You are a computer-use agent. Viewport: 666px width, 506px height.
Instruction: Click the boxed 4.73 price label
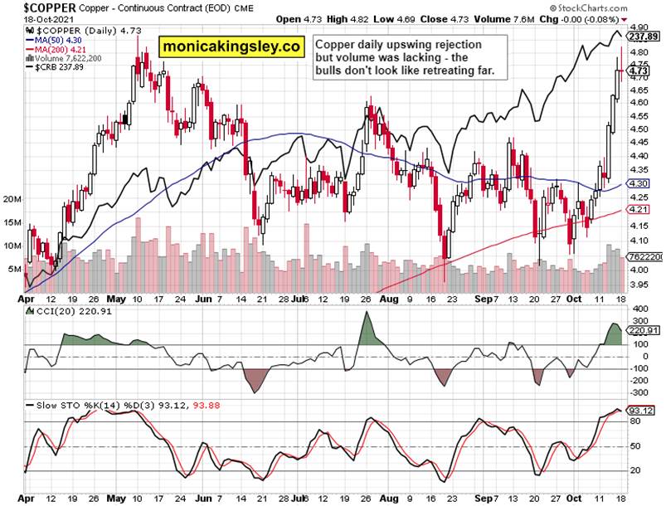638,71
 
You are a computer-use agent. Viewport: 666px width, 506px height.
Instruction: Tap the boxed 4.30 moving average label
637,183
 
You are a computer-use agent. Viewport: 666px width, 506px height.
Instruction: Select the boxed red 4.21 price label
637,211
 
